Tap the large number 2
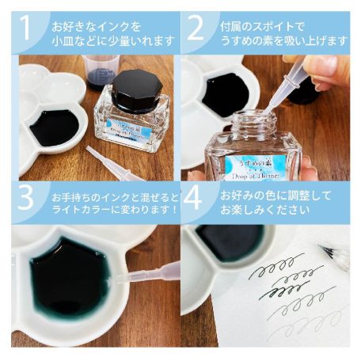point(196,29)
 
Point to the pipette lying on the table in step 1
point(115,162)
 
